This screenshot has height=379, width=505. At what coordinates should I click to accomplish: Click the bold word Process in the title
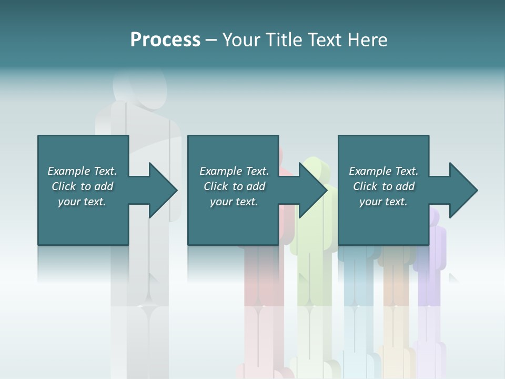pyautogui.click(x=165, y=40)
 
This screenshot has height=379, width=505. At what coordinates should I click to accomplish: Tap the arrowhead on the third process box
pyautogui.click(x=462, y=190)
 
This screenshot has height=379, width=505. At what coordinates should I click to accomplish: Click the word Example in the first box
pyautogui.click(x=68, y=171)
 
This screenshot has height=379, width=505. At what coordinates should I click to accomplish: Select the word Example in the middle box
pyautogui.click(x=220, y=171)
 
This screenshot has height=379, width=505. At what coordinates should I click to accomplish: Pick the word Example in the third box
pyautogui.click(x=370, y=171)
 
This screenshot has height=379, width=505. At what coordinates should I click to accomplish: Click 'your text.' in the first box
pyautogui.click(x=82, y=202)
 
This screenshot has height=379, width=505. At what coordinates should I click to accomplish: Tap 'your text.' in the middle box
pyautogui.click(x=234, y=202)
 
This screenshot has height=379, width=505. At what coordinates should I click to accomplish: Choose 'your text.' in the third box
pyautogui.click(x=383, y=202)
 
